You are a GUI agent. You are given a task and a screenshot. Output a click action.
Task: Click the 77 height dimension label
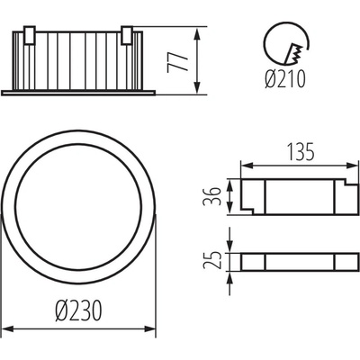[x=177, y=60]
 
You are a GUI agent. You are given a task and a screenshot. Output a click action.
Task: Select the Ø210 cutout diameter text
[x=285, y=79]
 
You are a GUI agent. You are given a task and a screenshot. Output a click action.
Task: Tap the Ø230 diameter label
[x=78, y=310]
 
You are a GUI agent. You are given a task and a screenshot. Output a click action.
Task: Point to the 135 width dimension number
[x=301, y=152]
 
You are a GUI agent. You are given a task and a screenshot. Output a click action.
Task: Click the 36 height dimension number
[x=211, y=196]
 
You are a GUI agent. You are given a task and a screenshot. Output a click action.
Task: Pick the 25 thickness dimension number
[x=211, y=260]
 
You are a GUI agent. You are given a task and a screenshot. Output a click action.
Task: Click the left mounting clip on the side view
[x=30, y=35]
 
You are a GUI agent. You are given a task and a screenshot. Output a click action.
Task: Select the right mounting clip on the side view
[x=127, y=35]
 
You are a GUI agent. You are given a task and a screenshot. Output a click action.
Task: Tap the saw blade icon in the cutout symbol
[x=293, y=54]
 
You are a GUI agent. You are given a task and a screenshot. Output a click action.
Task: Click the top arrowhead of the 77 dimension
[x=196, y=34]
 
